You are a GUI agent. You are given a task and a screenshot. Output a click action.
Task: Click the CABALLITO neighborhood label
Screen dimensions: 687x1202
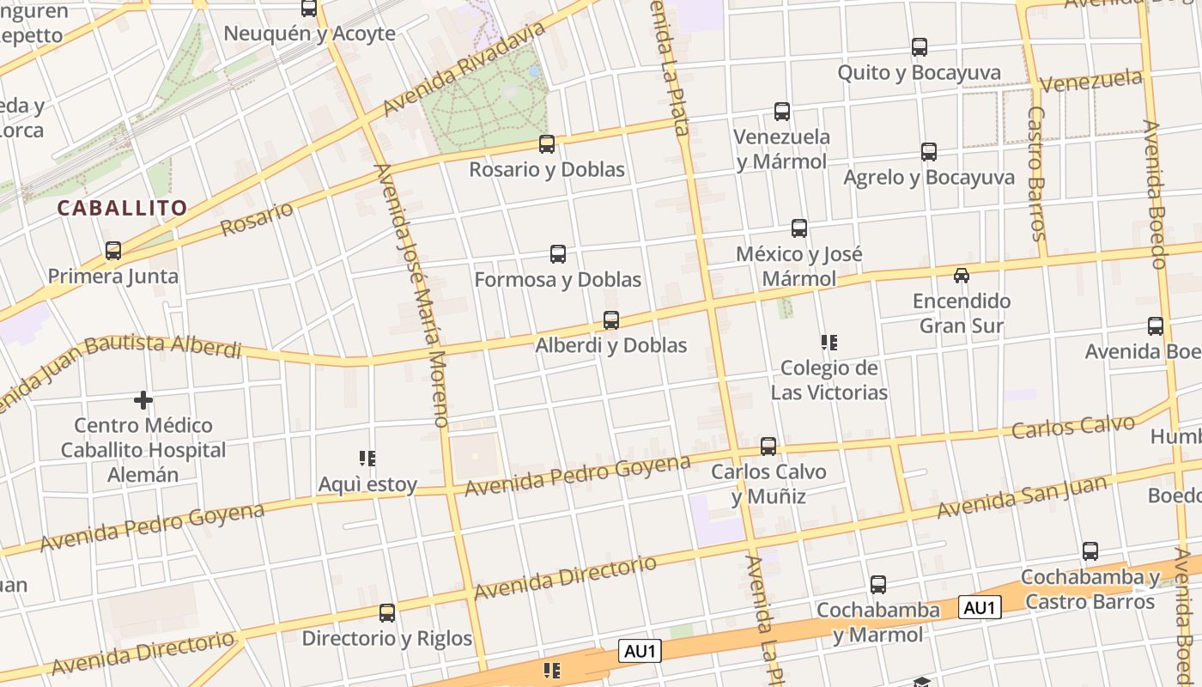tap(122, 208)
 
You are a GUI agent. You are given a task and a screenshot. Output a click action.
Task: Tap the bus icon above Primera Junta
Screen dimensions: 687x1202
tap(113, 251)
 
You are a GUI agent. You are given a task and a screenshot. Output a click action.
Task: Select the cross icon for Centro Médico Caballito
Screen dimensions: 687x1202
tap(143, 400)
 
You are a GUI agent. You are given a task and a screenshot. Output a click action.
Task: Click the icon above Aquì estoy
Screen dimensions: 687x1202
tap(367, 459)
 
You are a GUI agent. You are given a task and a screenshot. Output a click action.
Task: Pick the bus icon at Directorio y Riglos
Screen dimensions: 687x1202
tap(387, 613)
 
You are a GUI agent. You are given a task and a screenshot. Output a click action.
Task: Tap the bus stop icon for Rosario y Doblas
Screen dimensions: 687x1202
tap(547, 144)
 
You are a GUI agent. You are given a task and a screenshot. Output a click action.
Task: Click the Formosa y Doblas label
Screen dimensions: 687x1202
tap(557, 280)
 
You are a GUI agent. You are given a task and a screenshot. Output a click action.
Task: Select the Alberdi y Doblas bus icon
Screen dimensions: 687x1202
tap(611, 320)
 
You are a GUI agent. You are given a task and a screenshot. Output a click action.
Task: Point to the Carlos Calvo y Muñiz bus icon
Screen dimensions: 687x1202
tap(768, 447)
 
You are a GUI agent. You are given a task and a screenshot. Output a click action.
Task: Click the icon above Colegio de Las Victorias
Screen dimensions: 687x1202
tap(829, 343)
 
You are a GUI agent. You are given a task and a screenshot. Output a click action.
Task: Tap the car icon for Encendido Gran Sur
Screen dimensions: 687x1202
tap(962, 276)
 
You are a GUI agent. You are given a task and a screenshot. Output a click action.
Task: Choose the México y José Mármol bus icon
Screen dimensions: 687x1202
tap(799, 228)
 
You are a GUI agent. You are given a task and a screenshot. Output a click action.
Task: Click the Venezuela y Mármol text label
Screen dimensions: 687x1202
tap(781, 149)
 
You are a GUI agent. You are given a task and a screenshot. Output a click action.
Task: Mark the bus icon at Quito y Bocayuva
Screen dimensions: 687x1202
tap(920, 47)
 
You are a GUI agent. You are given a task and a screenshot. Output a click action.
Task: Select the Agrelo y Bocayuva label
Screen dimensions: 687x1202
tap(928, 178)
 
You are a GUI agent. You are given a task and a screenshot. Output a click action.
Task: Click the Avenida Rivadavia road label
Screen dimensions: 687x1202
tap(464, 69)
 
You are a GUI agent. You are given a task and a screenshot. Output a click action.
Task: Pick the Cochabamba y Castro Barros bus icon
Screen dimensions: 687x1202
tap(1090, 551)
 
